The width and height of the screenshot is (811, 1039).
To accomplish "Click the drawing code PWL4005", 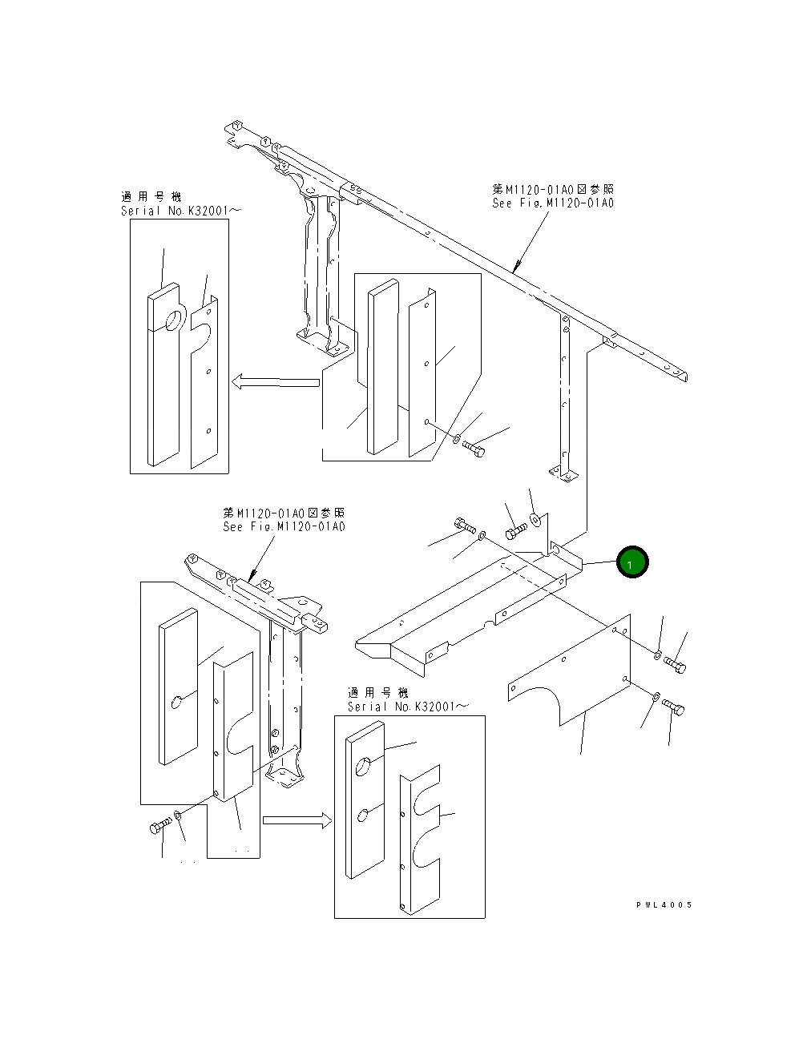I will coord(664,905).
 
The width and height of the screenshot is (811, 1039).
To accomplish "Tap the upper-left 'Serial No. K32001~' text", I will coord(180,211).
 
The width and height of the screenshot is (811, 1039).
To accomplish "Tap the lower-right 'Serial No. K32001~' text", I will coord(408,707).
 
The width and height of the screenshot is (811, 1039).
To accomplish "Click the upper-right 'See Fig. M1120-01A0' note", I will coord(553,203).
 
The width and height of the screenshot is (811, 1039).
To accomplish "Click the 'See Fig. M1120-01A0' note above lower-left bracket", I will coord(284,526).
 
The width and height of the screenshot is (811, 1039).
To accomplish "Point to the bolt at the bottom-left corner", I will coord(159,827).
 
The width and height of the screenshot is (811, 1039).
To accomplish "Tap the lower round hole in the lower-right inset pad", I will coord(363,815).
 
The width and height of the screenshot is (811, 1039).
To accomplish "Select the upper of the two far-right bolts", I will coord(675,665).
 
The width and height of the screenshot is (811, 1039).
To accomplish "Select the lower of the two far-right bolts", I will coord(673,707).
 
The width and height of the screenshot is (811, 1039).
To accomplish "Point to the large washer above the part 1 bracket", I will coord(535,520).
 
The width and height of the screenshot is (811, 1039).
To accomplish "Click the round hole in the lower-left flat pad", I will coord(177,703).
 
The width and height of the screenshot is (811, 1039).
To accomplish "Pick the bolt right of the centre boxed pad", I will coord(474,447).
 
